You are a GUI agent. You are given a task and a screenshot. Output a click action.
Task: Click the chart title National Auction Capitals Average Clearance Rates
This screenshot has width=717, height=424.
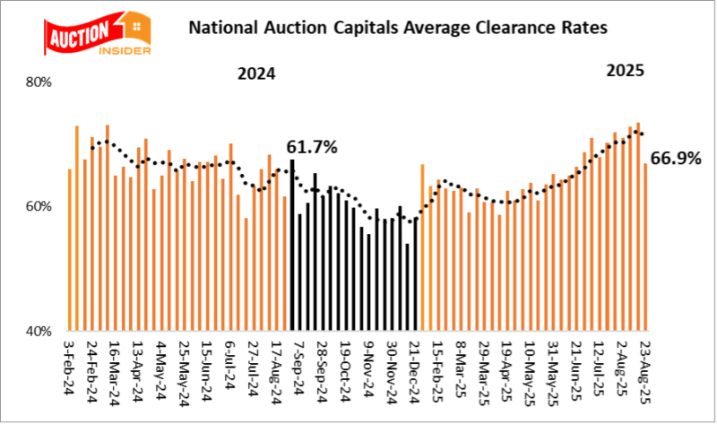(x=397, y=28)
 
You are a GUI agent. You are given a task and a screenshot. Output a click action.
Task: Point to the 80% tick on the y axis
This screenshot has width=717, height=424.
(x=40, y=82)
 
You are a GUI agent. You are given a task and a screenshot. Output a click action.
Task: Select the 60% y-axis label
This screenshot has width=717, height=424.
(x=40, y=206)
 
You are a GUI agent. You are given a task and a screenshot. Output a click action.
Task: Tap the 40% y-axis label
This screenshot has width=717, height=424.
(x=40, y=330)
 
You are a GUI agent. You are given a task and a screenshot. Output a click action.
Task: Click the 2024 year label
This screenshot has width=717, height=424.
(x=255, y=74)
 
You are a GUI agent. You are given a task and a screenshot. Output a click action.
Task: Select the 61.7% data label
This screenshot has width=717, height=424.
(x=312, y=147)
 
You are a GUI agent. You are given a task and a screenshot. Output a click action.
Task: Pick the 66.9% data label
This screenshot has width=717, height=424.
(x=675, y=159)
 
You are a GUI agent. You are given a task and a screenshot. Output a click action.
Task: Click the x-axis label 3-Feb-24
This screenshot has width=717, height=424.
(x=69, y=365)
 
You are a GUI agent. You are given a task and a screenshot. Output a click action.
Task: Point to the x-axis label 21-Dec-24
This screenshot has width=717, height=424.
(x=416, y=365)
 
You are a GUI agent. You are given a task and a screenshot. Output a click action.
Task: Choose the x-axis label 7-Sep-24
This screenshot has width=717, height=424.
(x=292, y=365)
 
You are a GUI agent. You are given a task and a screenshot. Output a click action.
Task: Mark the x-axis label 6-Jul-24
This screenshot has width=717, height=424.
(x=230, y=365)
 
